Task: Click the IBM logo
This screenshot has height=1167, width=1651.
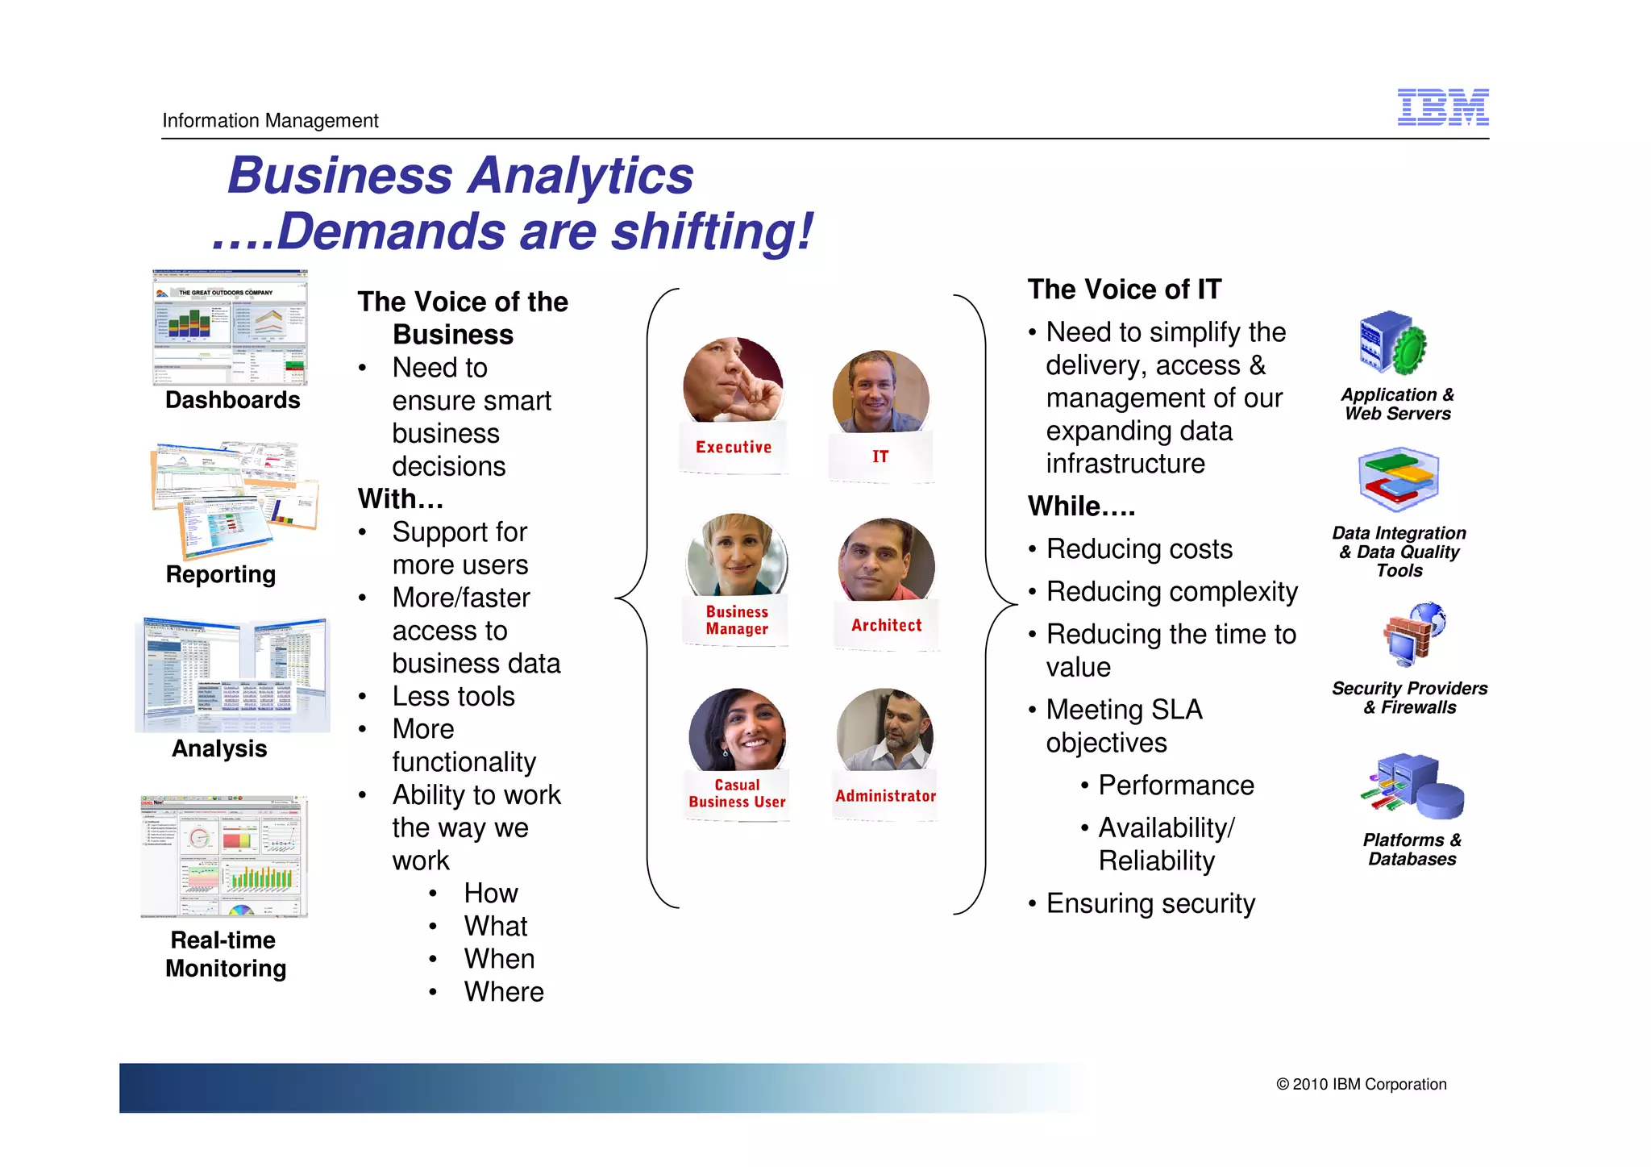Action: (x=1442, y=107)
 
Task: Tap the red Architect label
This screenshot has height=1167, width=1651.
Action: (x=886, y=625)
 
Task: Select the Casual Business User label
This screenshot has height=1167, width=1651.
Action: (x=737, y=794)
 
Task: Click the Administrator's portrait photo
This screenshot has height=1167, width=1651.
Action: (x=885, y=730)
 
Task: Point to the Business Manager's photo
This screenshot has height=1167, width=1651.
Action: (x=737, y=556)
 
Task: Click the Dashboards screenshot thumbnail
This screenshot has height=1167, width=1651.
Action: (x=231, y=328)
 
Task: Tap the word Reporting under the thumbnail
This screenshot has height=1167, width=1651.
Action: (x=221, y=574)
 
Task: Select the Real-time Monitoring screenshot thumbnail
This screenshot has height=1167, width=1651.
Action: (x=224, y=857)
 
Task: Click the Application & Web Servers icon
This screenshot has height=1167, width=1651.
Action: (x=1392, y=343)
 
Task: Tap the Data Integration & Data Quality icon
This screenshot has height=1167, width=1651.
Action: (x=1398, y=479)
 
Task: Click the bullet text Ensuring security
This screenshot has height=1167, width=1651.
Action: (x=1150, y=903)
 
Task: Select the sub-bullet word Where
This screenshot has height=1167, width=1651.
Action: (x=504, y=992)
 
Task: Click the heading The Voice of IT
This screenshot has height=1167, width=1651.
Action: (x=1125, y=290)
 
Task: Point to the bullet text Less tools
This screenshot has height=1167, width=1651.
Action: (x=453, y=696)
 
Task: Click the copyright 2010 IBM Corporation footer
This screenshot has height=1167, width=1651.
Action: (x=1361, y=1085)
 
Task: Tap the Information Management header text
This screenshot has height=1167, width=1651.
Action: (x=270, y=121)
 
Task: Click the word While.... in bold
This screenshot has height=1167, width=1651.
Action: (x=1081, y=506)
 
